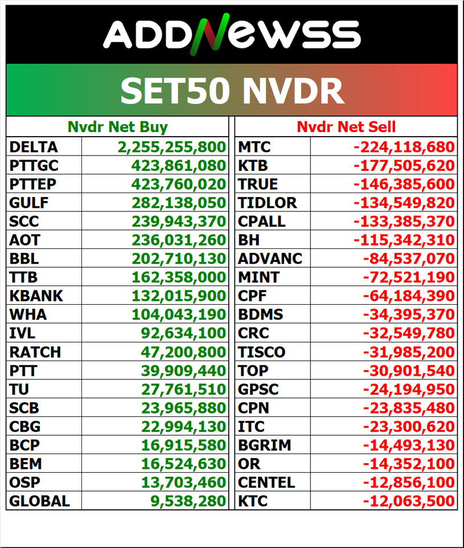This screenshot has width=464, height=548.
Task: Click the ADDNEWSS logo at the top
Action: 232,34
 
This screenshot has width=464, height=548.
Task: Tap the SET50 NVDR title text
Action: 232,90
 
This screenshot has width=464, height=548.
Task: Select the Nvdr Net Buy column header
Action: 117,126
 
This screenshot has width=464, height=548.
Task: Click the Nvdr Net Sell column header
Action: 346,126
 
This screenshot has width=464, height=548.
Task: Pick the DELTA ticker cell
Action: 34,147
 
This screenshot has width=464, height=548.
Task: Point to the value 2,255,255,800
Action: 172,147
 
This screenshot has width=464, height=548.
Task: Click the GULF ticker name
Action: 29,203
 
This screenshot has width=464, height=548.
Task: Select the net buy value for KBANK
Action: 179,296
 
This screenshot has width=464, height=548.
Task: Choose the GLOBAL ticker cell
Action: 39,501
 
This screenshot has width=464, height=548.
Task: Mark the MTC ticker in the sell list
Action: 254,147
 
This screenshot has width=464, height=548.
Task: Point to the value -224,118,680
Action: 404,147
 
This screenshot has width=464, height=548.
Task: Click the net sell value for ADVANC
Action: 409,259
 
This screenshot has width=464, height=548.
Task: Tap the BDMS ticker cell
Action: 260,314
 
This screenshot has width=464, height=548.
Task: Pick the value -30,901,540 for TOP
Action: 409,371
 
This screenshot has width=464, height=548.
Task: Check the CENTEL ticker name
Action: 266,482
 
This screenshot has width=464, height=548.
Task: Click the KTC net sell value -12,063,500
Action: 409,501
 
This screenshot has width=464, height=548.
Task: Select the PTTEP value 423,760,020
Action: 179,184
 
